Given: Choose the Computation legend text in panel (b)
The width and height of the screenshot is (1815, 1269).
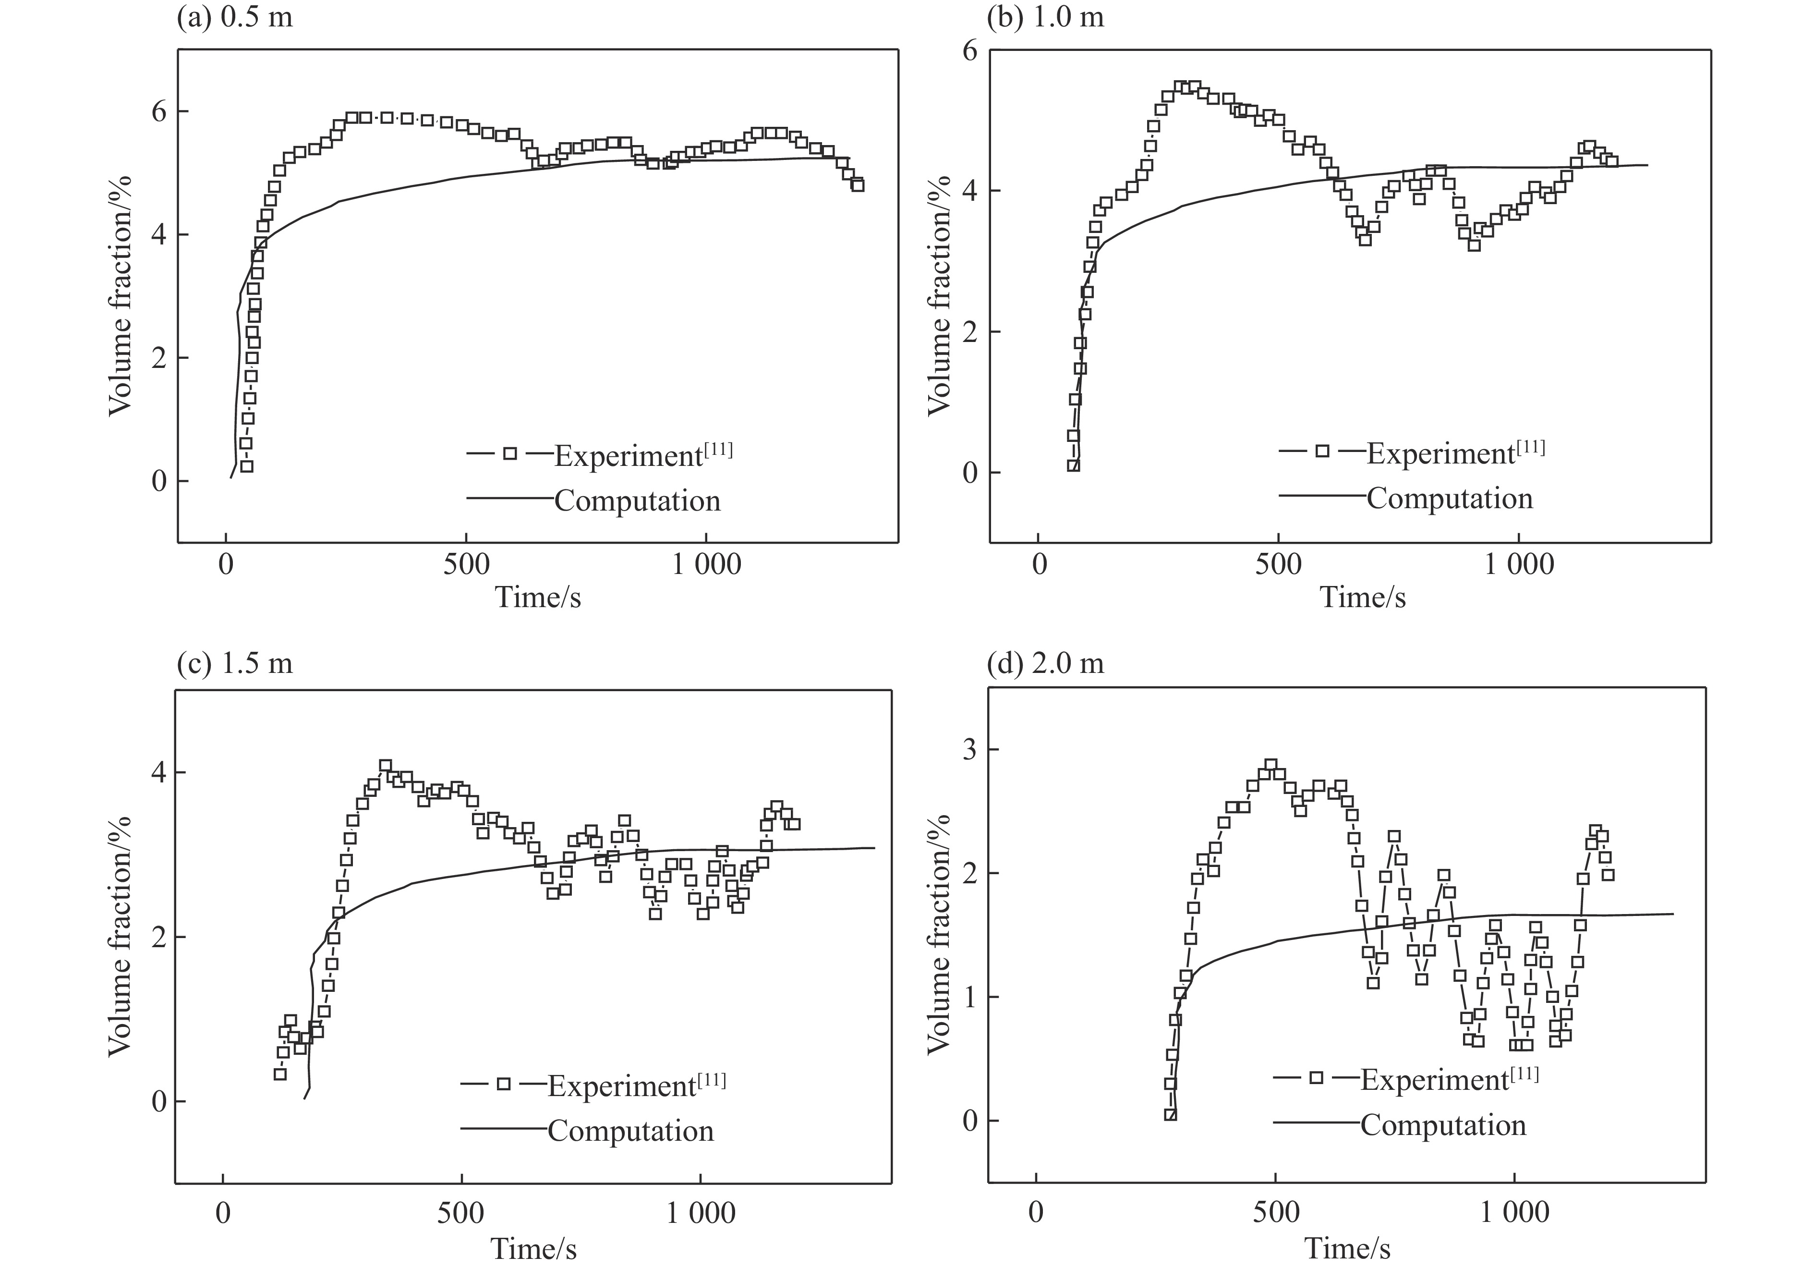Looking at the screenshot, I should tap(1450, 498).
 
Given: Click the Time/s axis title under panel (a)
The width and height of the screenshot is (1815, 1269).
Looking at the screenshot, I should tap(538, 597).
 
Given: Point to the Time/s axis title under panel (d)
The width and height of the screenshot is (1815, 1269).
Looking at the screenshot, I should tap(1347, 1248).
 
